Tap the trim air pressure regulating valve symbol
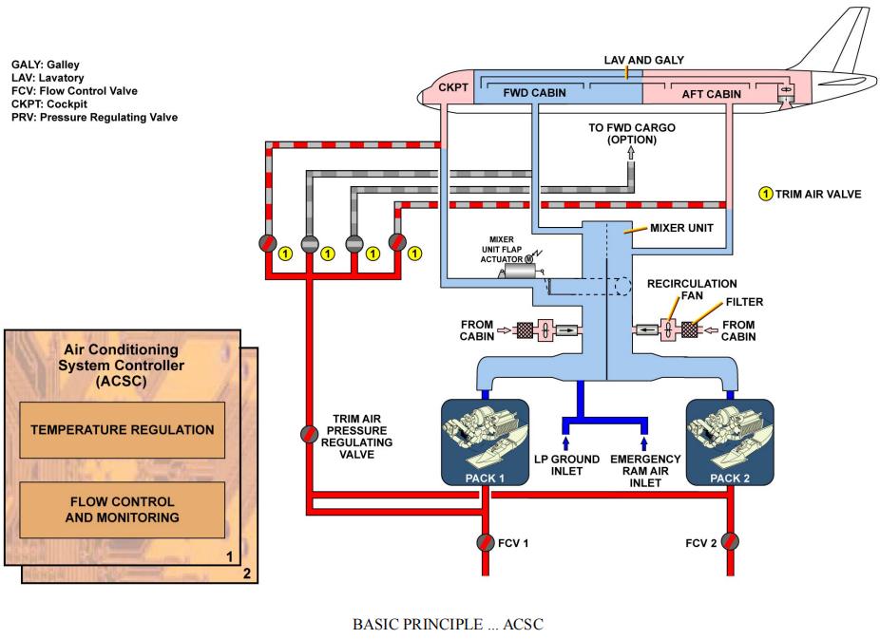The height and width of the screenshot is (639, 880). [310, 434]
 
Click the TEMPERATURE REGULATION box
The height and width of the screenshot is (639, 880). [122, 429]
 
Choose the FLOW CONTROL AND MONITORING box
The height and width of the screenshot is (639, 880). [122, 509]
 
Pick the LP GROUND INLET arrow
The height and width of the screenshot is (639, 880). [567, 442]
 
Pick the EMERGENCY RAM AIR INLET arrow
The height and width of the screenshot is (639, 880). [644, 442]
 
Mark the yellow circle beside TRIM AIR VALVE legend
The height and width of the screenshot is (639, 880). [765, 195]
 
